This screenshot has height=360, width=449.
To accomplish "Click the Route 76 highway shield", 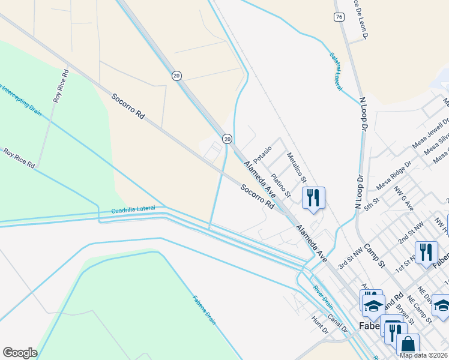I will click(x=340, y=17).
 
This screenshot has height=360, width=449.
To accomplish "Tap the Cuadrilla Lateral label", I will click(x=133, y=209).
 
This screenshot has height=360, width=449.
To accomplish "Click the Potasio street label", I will click(x=262, y=155).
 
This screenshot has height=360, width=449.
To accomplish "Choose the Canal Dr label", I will click(x=340, y=325).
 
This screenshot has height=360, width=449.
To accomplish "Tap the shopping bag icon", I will click(x=408, y=345).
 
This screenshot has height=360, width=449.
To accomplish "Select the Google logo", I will click(x=20, y=353).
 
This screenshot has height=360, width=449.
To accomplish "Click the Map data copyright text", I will click(x=424, y=355).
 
